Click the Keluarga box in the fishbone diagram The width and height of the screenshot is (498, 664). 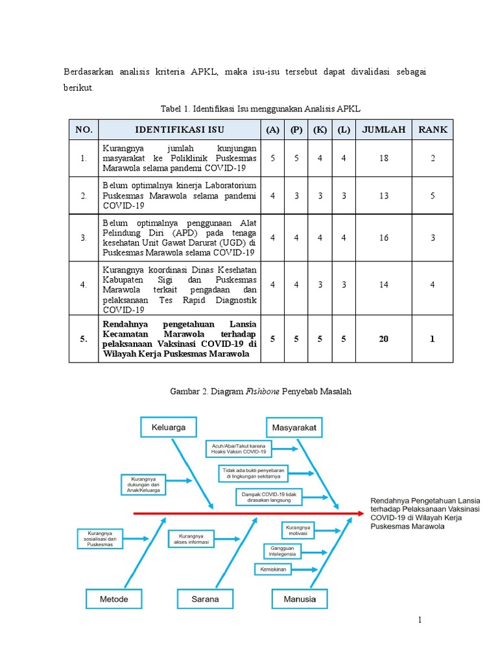click(x=169, y=428)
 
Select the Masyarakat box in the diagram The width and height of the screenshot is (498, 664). click(x=295, y=428)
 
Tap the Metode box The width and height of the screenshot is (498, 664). click(x=113, y=599)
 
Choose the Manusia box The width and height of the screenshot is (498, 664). click(x=300, y=599)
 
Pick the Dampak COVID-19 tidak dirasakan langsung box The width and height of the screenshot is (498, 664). click(x=263, y=497)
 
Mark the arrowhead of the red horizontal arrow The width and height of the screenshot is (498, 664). click(x=360, y=513)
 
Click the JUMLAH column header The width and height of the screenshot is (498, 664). click(x=384, y=130)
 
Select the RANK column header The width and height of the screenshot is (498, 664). click(x=433, y=130)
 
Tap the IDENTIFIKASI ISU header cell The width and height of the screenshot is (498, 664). click(x=179, y=130)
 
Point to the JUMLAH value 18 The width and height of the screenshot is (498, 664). click(x=384, y=158)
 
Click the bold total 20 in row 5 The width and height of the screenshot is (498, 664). click(x=384, y=338)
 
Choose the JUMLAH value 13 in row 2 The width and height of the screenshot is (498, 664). click(x=384, y=195)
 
